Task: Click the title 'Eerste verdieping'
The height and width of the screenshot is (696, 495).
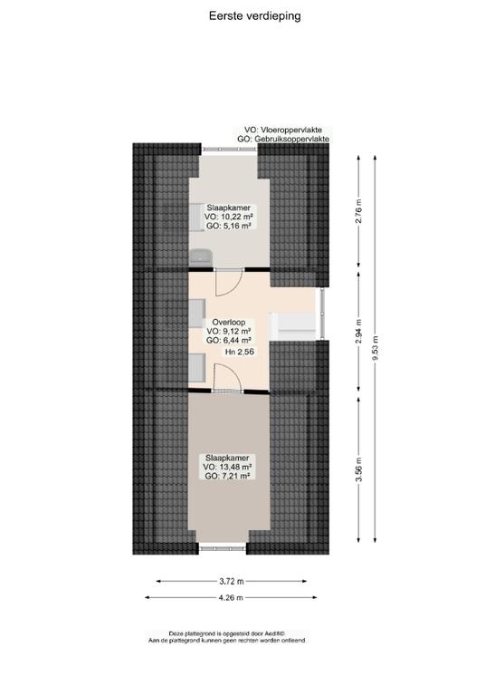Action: coord(255,16)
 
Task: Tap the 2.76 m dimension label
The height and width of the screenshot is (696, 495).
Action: coord(359,211)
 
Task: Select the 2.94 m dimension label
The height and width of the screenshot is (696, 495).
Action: coord(359,332)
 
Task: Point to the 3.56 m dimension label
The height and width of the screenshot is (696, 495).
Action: coord(359,469)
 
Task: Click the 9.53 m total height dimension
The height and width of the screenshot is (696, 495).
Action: coord(376,348)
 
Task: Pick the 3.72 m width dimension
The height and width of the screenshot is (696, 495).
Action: coord(232,581)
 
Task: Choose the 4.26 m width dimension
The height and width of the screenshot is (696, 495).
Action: coord(231,597)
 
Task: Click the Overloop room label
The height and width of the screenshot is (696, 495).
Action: coord(229,323)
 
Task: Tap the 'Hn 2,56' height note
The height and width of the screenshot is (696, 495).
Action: coord(239,352)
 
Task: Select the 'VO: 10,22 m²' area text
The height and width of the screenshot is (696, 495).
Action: coord(229,217)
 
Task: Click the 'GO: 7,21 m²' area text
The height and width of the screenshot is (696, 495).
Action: coord(228,476)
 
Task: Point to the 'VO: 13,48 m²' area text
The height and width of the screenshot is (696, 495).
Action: coord(228,467)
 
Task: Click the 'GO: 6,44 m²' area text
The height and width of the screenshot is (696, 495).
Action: coord(229,341)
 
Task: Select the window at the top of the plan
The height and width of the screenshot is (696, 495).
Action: coord(230,150)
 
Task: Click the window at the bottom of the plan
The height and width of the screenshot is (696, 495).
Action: coord(222,548)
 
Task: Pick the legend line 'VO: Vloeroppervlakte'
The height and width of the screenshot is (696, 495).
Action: coord(283,130)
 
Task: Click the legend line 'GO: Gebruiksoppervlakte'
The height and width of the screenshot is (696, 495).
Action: coord(283,140)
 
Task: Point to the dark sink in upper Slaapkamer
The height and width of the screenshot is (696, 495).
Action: coord(201,257)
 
